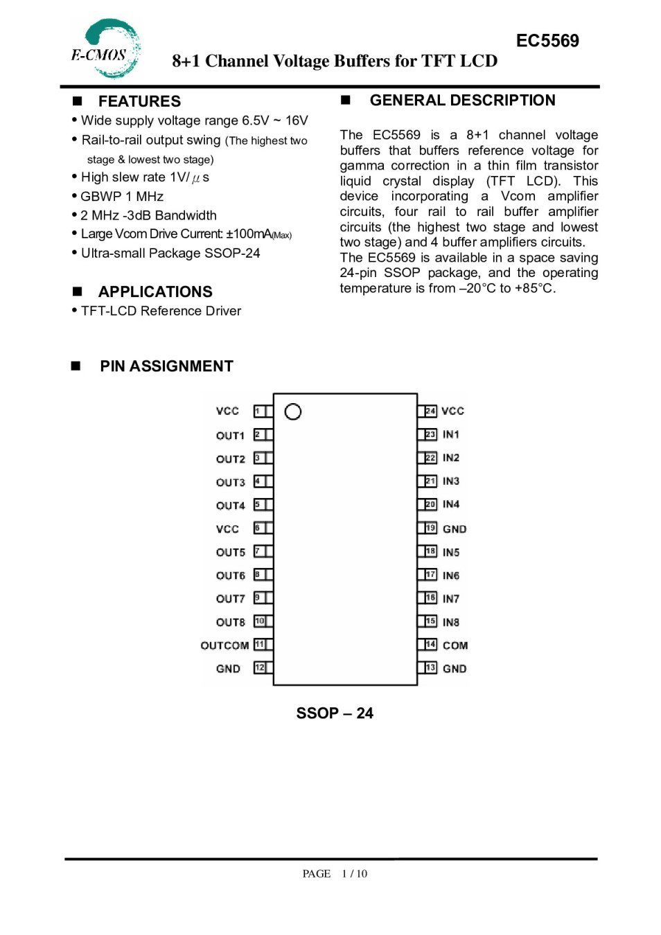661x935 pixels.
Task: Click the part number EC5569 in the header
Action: pyautogui.click(x=547, y=41)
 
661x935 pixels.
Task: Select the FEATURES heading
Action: pyautogui.click(x=139, y=101)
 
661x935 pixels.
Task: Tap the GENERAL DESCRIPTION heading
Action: pyautogui.click(x=462, y=100)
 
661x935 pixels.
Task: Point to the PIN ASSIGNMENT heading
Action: pyautogui.click(x=166, y=366)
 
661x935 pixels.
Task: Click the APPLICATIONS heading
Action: pyautogui.click(x=155, y=292)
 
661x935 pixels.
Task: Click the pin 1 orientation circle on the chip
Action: pyautogui.click(x=293, y=412)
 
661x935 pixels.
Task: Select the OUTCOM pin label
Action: pyautogui.click(x=224, y=645)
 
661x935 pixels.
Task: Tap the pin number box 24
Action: pyautogui.click(x=430, y=411)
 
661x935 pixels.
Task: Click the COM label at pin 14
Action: pyautogui.click(x=455, y=645)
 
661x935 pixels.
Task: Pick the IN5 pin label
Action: pyautogui.click(x=451, y=553)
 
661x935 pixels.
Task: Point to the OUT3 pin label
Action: pyautogui.click(x=230, y=482)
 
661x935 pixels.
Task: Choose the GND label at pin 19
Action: pyautogui.click(x=455, y=529)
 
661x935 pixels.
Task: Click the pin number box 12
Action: pyautogui.click(x=260, y=668)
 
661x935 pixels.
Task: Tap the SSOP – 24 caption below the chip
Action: pyautogui.click(x=335, y=713)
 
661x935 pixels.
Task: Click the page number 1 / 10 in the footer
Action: pyautogui.click(x=354, y=873)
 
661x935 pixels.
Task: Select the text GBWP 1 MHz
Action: pyautogui.click(x=122, y=197)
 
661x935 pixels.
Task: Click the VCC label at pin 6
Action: pyautogui.click(x=227, y=529)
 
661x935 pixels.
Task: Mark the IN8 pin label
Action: pyautogui.click(x=451, y=623)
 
